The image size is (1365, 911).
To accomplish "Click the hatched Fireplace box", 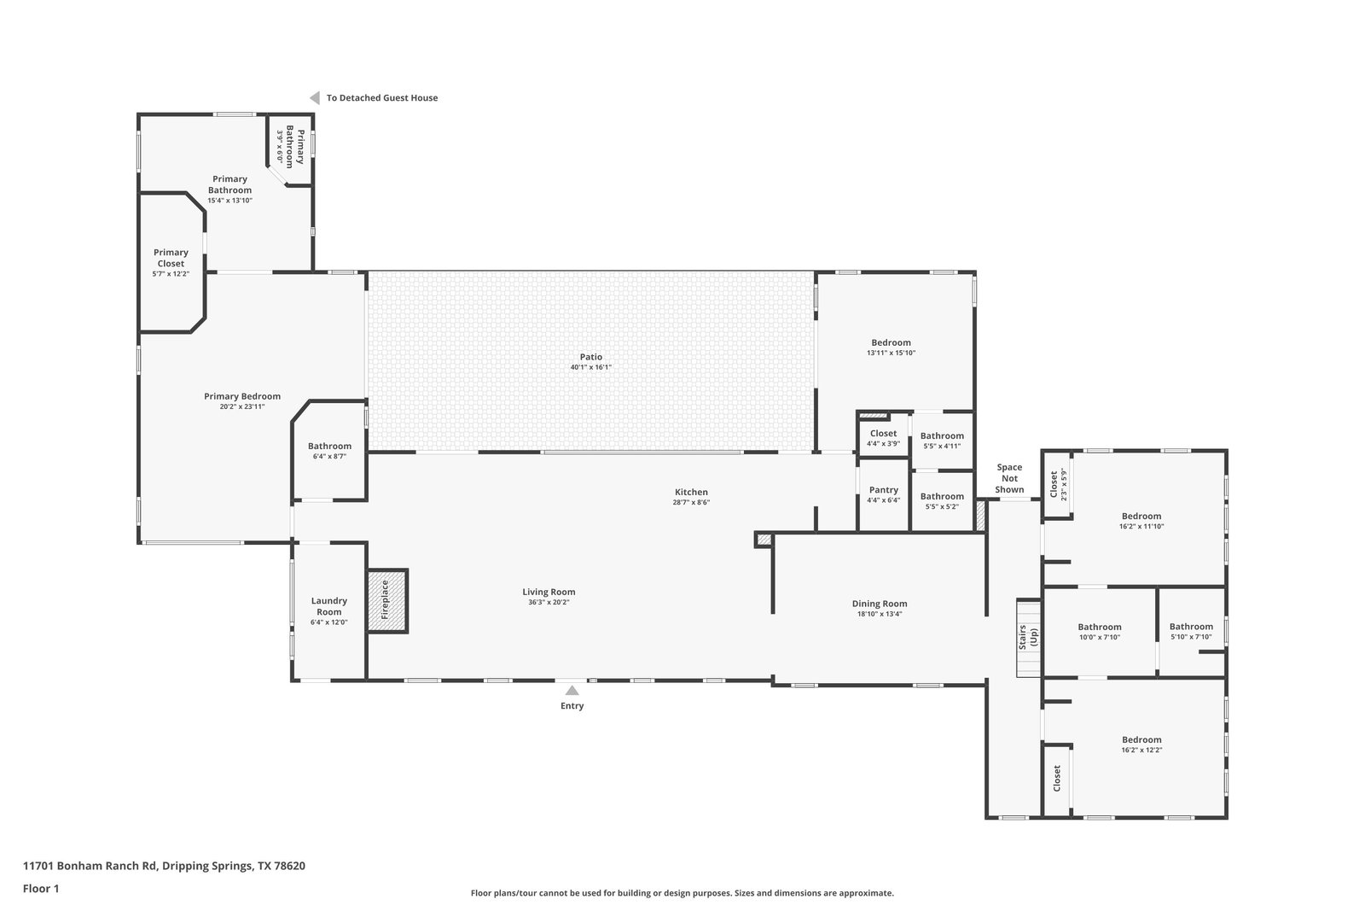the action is tap(387, 600).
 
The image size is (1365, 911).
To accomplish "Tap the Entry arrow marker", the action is tap(572, 690).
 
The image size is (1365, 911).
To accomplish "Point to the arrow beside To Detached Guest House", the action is tap(315, 97).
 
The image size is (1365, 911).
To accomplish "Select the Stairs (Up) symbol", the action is tap(1029, 638).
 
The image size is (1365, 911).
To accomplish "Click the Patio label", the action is tap(590, 357).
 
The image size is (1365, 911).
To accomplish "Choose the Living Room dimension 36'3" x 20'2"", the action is tap(549, 603).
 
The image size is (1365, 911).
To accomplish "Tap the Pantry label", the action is tap(884, 489).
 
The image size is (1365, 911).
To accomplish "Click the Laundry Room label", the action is tap(329, 606).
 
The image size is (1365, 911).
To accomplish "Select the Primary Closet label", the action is tap(171, 258).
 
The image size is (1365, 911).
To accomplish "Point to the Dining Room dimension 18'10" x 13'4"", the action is tap(880, 614).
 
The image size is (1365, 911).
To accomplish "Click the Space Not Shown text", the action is tap(1009, 478).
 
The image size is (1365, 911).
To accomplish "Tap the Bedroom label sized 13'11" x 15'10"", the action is tap(891, 342).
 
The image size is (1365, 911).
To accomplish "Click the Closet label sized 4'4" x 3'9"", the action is tap(883, 434).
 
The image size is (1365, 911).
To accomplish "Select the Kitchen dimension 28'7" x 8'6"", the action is tap(691, 502).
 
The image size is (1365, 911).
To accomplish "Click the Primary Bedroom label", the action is tap(242, 396).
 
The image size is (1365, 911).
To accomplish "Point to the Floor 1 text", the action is tap(41, 889).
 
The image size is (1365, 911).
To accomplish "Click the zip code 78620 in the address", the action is tap(289, 866).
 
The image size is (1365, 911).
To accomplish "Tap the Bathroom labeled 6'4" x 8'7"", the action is tap(329, 447).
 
